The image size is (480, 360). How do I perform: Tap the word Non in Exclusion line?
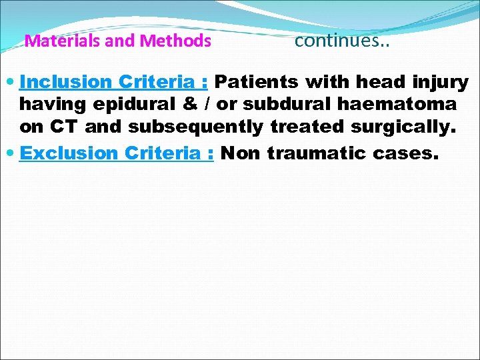click(241, 153)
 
